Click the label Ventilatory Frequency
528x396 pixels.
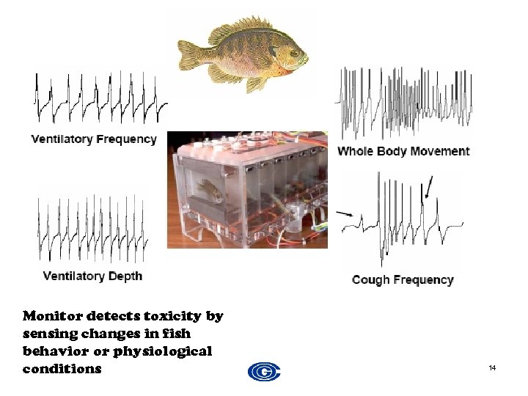[x=94, y=139]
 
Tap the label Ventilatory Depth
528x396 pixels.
[x=92, y=276]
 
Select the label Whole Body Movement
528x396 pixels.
[x=403, y=151]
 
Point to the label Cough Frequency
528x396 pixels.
[x=403, y=279]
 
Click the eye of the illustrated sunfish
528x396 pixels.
[x=294, y=54]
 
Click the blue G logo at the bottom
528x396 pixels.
[x=264, y=372]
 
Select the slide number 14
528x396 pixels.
[x=492, y=367]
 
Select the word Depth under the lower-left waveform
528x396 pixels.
[x=125, y=276]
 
